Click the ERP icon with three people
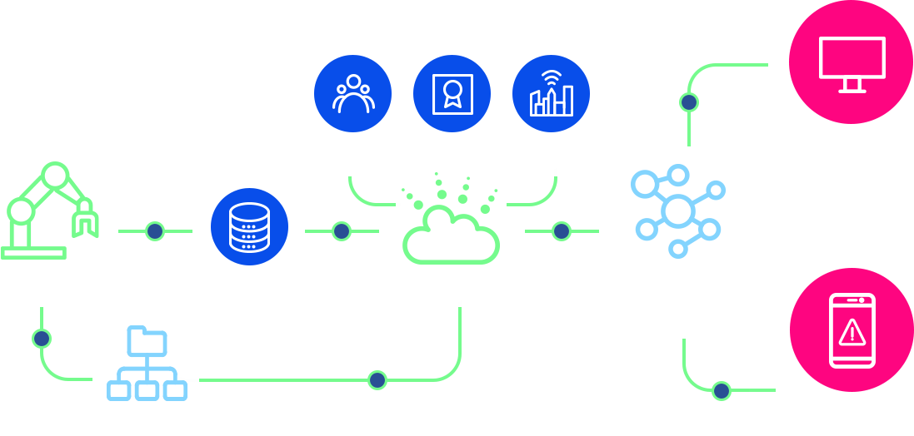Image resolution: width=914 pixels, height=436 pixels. (x=352, y=93)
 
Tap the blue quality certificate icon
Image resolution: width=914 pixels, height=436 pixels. (x=452, y=93)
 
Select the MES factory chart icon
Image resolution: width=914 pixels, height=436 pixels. (x=551, y=93)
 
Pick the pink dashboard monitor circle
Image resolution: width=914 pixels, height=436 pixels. (x=851, y=63)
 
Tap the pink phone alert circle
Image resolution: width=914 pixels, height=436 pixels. (x=851, y=329)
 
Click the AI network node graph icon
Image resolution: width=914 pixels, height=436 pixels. (x=677, y=211)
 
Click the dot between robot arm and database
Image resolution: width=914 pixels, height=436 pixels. (x=154, y=230)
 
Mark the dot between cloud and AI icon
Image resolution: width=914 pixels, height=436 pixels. (x=561, y=230)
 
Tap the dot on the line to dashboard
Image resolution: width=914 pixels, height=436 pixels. (x=688, y=102)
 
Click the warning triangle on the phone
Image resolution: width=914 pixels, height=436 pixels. (x=852, y=333)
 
